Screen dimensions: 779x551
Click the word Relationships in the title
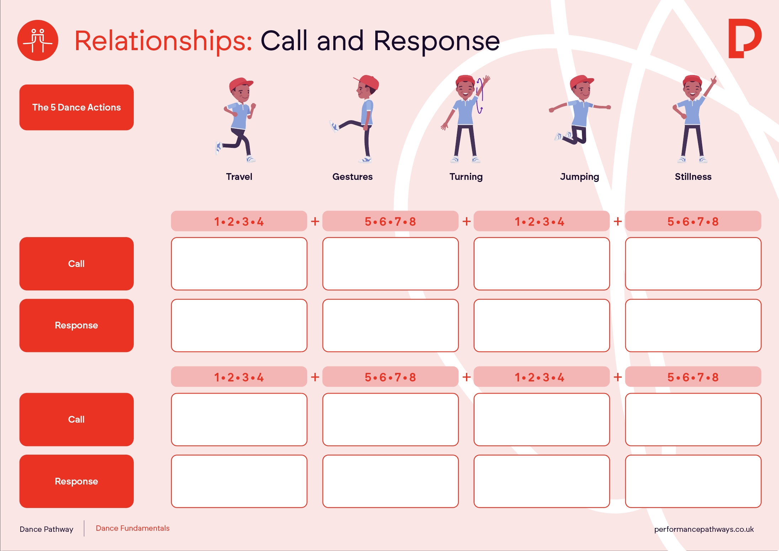coord(163,41)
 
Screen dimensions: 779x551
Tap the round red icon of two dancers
coord(38,40)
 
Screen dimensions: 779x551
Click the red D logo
coord(744,38)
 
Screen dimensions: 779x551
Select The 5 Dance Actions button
coord(76,107)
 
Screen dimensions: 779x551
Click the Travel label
coord(239,177)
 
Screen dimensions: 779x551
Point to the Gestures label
coord(353,177)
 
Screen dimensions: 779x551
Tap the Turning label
coord(466,177)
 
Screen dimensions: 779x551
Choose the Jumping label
coord(579,177)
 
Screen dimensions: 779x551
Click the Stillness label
coord(693,177)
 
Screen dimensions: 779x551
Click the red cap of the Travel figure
coord(240,84)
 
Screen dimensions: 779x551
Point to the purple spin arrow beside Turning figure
coord(479,96)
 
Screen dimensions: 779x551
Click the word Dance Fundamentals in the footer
coord(133,528)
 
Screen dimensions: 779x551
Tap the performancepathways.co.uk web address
coord(704,529)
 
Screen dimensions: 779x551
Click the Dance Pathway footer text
coord(47,529)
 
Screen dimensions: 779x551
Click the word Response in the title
coord(437,41)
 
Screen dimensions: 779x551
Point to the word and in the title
coord(340,41)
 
